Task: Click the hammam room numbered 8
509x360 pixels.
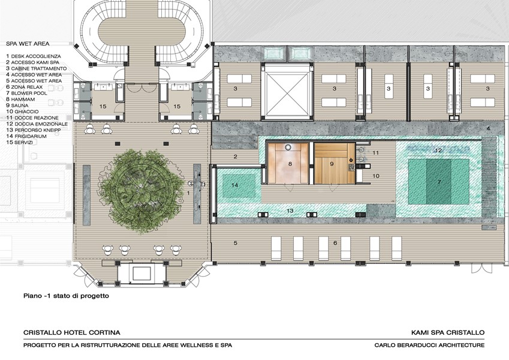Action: click(288, 163)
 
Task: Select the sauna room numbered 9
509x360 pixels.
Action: click(335, 163)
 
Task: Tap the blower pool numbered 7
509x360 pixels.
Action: click(439, 182)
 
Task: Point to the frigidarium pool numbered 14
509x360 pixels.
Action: click(239, 185)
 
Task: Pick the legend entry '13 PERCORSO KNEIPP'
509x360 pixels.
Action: click(34, 130)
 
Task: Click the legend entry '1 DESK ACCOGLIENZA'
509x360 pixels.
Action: click(34, 56)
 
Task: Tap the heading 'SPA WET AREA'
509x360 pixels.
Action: click(28, 44)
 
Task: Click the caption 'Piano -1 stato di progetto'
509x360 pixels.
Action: click(66, 296)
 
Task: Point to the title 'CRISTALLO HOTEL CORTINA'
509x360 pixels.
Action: click(72, 332)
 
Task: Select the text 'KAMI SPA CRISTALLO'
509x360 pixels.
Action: click(448, 332)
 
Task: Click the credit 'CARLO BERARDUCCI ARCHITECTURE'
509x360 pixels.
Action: click(429, 345)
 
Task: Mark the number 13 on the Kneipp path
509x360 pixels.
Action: click(290, 211)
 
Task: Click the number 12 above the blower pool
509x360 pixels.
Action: click(438, 150)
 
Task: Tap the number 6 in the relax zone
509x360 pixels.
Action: click(335, 243)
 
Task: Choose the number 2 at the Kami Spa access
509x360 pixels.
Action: click(236, 157)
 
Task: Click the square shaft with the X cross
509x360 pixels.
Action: click(287, 91)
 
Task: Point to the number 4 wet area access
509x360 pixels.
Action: click(488, 128)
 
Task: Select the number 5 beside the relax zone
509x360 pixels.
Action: click(236, 243)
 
